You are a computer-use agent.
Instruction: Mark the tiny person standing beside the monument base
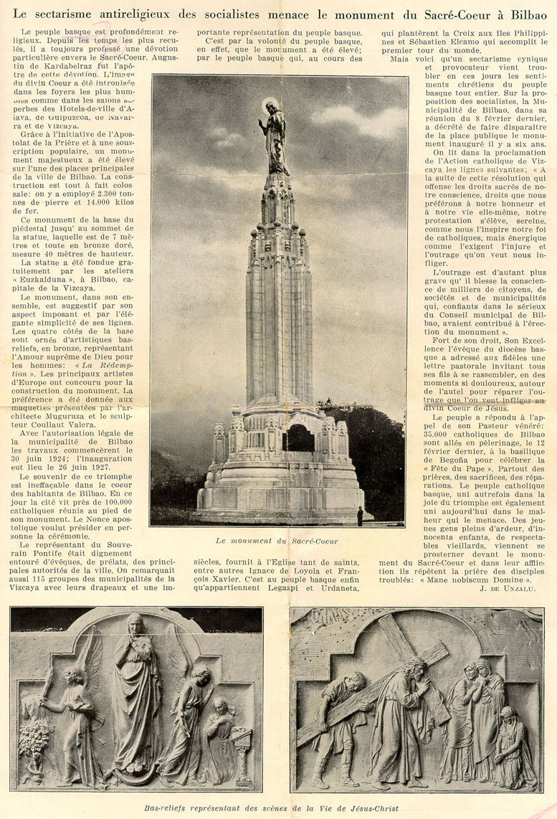(x=360, y=516)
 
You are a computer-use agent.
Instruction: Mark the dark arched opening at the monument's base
(x=300, y=438)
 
